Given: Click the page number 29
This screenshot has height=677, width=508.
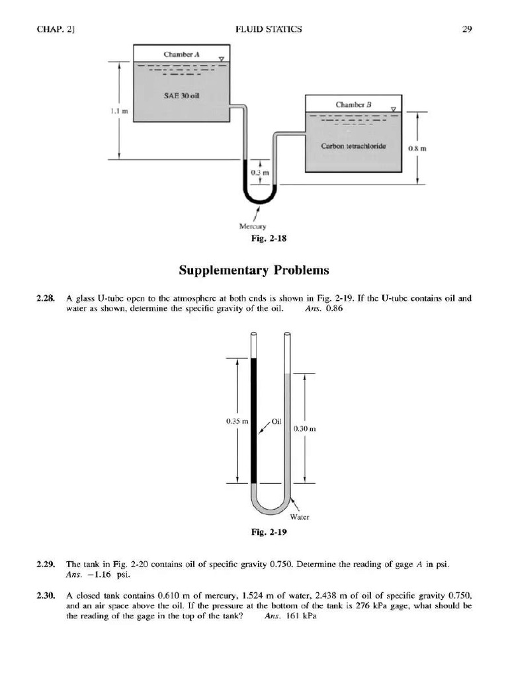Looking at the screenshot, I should pyautogui.click(x=466, y=28).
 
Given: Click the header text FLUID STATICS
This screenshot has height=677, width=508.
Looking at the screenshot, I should pyautogui.click(x=269, y=28).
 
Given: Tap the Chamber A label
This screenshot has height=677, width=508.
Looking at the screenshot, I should pyautogui.click(x=177, y=54).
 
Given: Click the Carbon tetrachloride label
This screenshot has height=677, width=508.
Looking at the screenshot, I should pyautogui.click(x=349, y=146).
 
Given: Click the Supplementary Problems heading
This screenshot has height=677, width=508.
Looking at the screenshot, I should pyautogui.click(x=253, y=270).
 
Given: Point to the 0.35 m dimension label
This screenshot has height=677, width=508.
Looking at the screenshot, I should pyautogui.click(x=239, y=420).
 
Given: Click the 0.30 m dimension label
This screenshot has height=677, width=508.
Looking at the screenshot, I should pyautogui.click(x=306, y=428).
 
